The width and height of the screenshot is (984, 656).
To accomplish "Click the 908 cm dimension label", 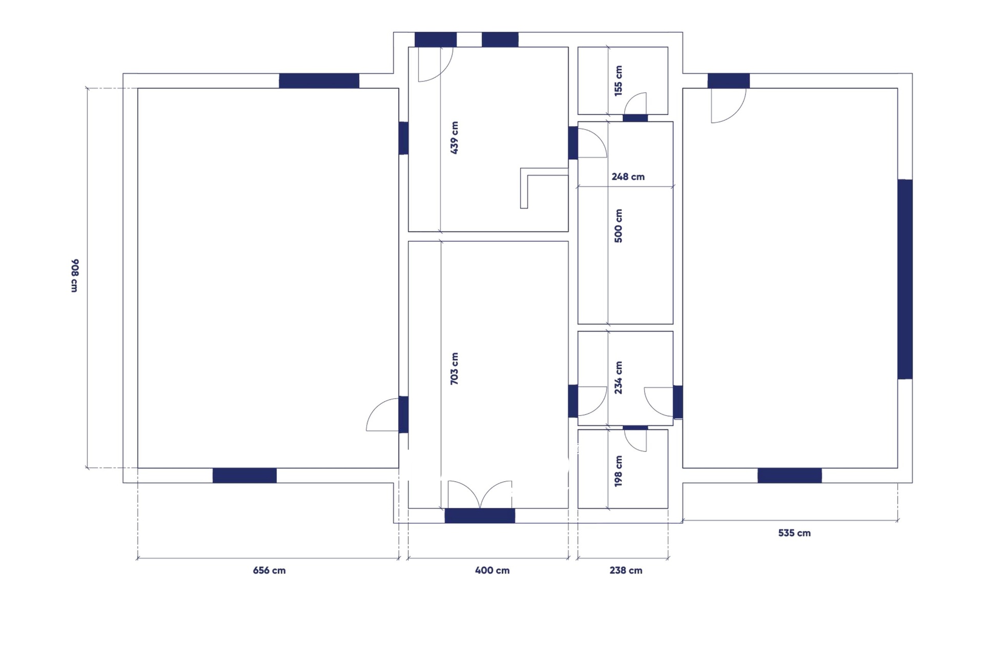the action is tap(74, 276).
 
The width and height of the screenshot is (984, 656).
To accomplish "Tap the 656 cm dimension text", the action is tap(269, 570).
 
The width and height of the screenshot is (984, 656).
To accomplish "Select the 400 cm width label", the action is tap(492, 570).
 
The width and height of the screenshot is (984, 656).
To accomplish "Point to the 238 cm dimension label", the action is tap(626, 570).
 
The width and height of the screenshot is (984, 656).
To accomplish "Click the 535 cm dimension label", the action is tap(794, 533).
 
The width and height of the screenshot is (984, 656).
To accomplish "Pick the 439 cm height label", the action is tap(454, 138).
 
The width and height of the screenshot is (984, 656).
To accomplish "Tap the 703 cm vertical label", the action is tap(454, 368).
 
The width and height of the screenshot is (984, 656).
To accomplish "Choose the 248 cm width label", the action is tap(628, 177).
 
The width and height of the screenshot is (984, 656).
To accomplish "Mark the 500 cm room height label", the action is tap(619, 226).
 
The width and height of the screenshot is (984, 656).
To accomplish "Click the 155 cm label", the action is tap(619, 81).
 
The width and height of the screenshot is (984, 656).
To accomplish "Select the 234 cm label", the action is tap(619, 378).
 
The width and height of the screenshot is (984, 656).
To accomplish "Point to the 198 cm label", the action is tap(619, 471).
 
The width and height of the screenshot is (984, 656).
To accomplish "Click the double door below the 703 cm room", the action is tap(480, 495).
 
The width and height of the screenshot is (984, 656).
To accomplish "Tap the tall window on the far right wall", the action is tap(905, 279).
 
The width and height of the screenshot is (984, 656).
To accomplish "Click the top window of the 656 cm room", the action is tap(319, 81).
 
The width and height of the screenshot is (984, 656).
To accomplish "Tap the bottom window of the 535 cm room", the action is tap(790, 476).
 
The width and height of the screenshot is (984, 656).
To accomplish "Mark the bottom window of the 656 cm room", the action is tap(244, 476).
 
